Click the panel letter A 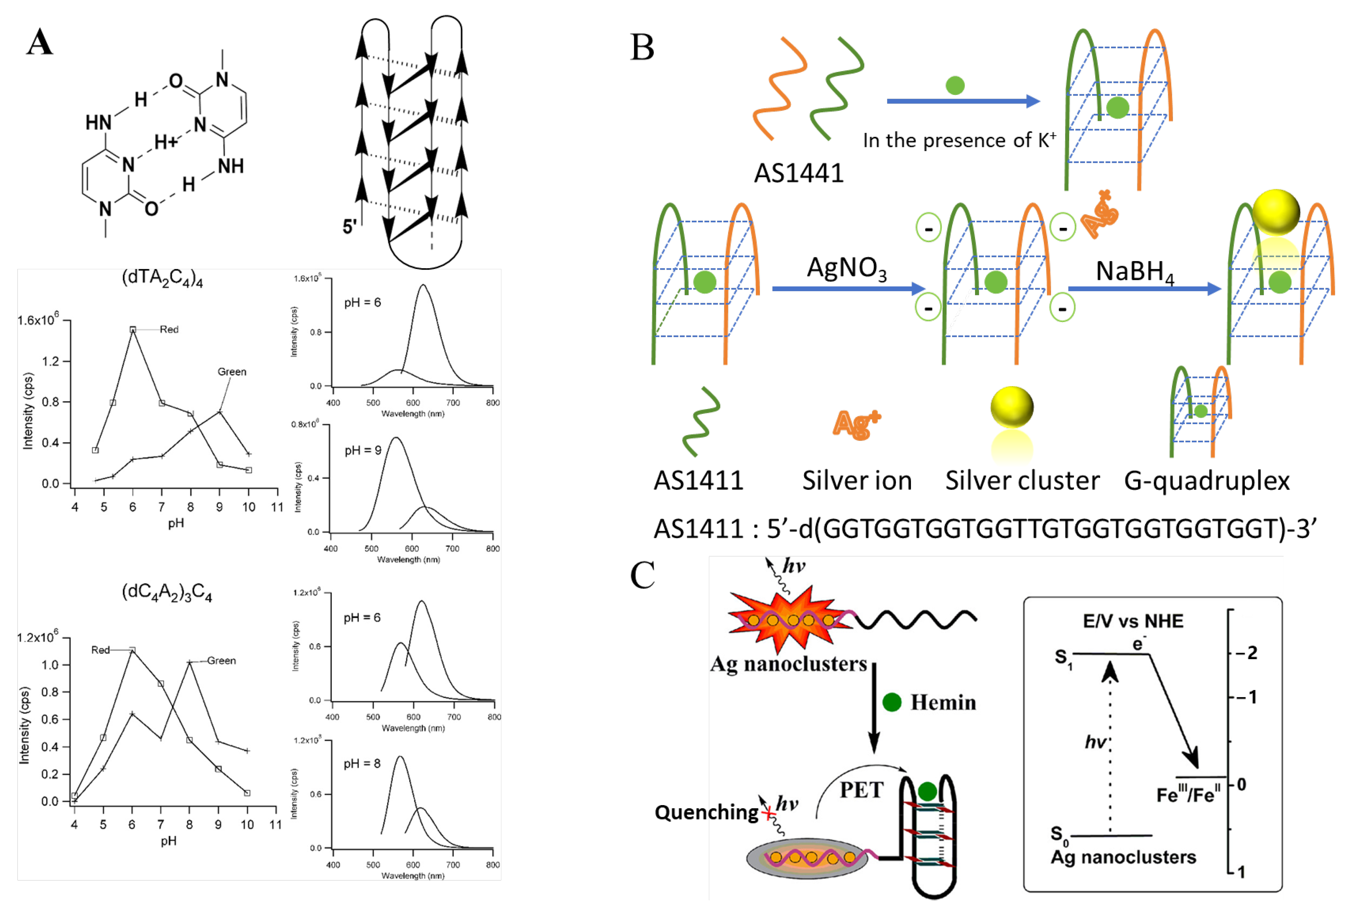pos(39,42)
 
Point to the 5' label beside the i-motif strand pos(349,226)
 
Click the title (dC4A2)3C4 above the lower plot pos(166,593)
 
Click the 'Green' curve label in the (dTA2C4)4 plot pos(232,371)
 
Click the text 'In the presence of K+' pos(959,140)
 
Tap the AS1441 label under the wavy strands pos(798,173)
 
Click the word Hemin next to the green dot pos(943,702)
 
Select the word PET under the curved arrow pos(861,790)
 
